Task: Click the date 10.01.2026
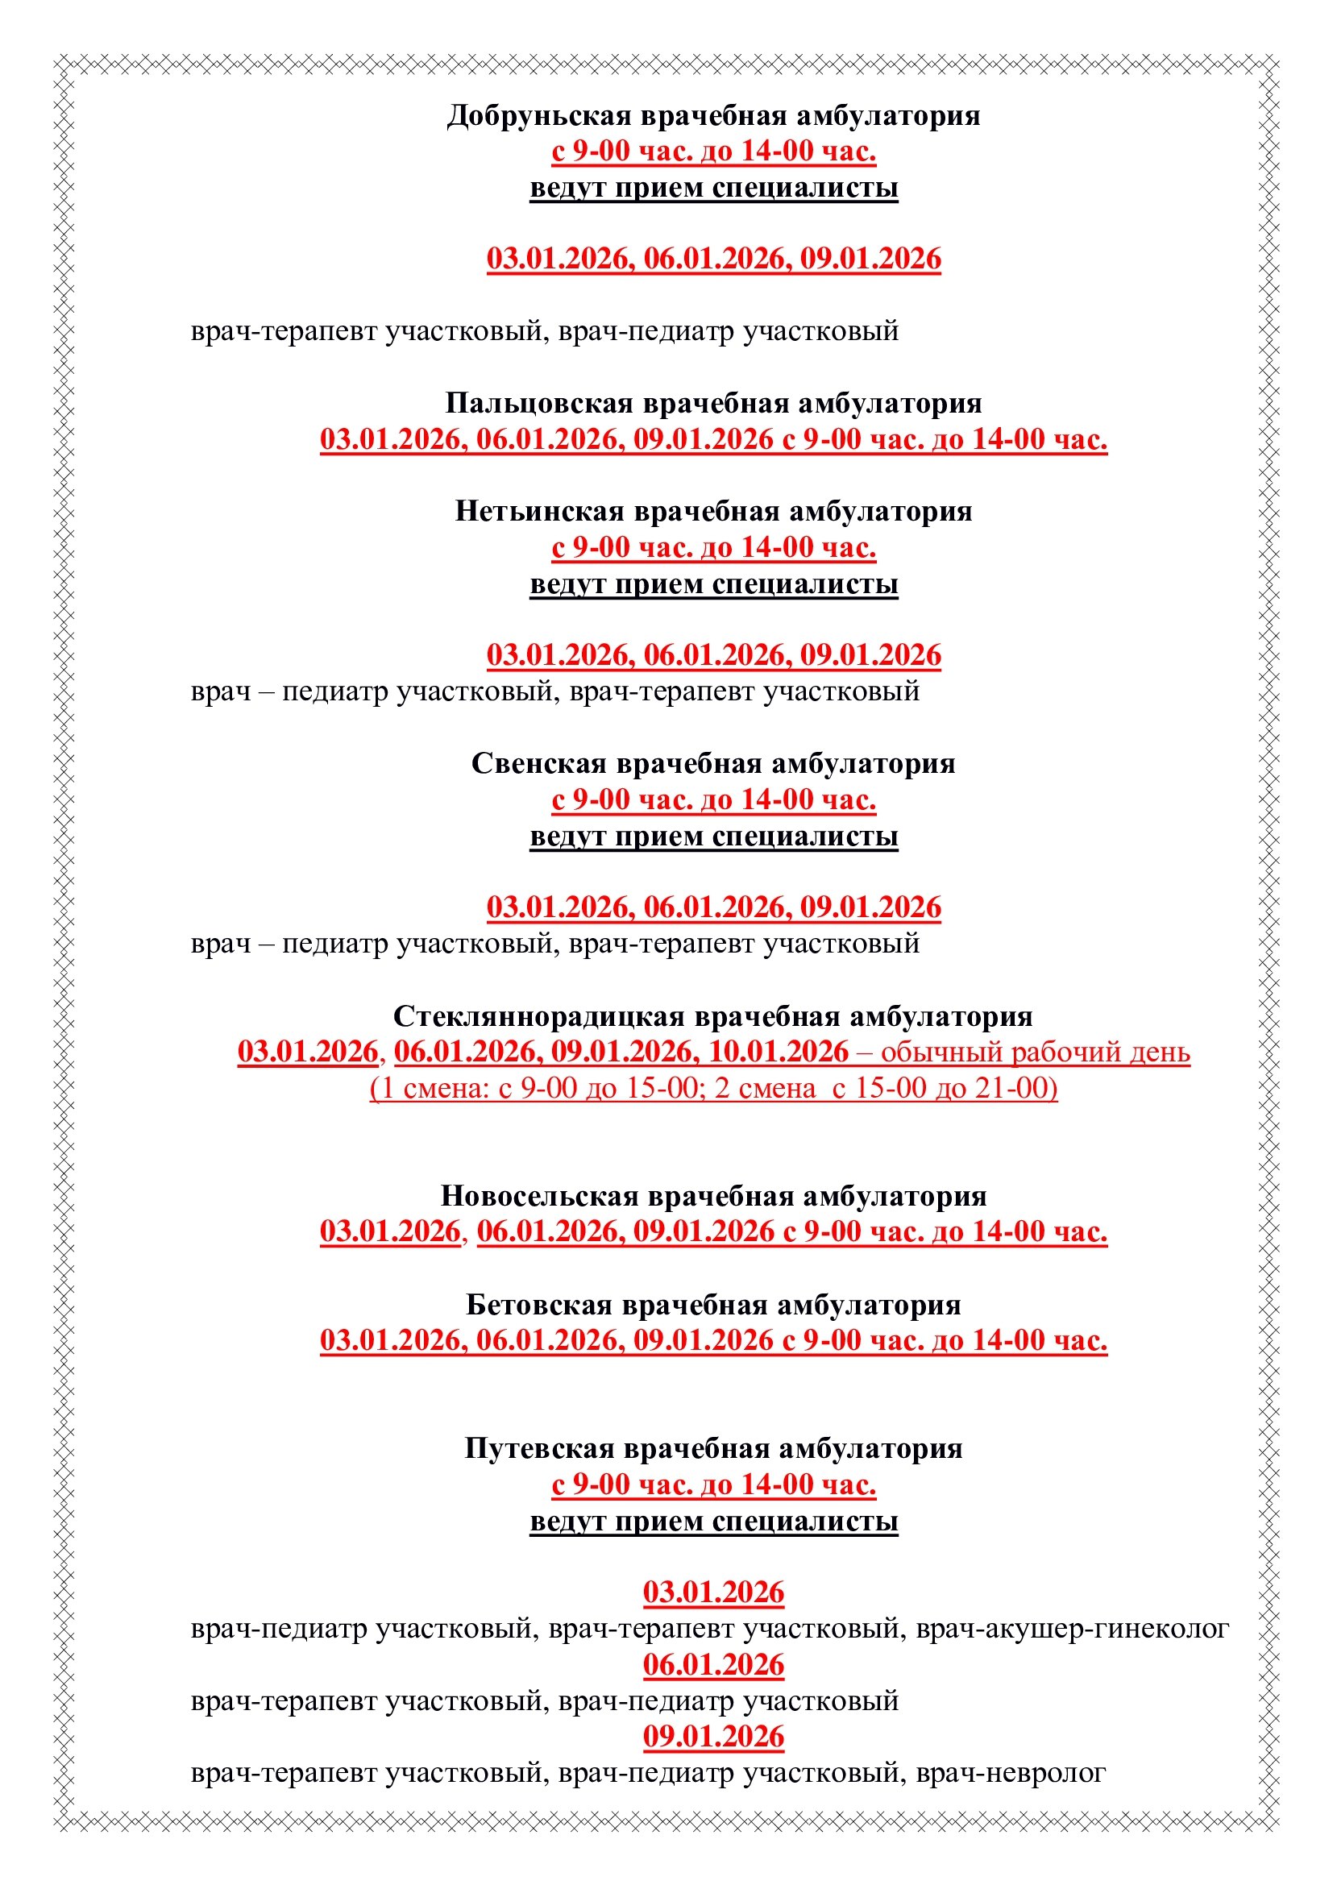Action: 779,1052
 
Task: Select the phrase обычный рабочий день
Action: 1036,1052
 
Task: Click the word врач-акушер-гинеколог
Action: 1072,1628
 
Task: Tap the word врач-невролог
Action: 1011,1772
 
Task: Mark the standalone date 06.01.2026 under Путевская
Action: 713,1665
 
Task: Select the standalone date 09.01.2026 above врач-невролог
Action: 713,1737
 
